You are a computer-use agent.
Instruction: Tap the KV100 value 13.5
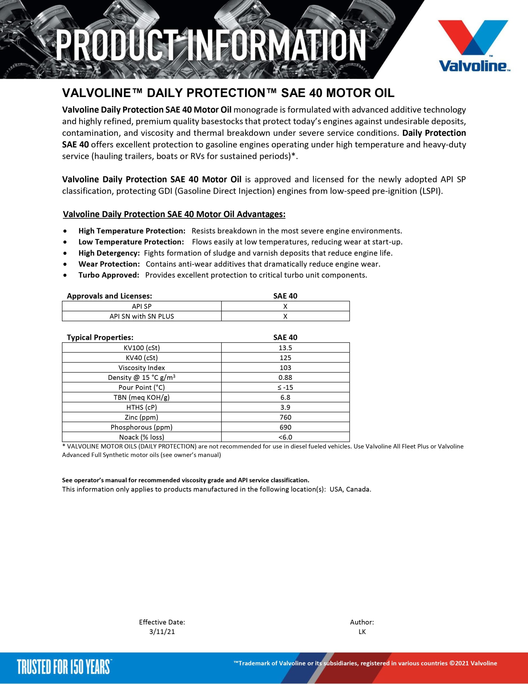coord(285,348)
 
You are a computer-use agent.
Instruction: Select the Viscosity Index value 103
coord(285,368)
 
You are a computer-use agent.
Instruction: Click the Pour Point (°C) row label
coord(141,387)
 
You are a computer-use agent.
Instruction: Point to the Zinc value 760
coord(285,417)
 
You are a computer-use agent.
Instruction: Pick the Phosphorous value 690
coord(285,427)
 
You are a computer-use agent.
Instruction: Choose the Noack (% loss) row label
coord(141,437)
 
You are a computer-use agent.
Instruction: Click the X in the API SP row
coord(285,306)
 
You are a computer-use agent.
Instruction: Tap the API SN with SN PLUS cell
coord(141,316)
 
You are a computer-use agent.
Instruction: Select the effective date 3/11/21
coord(162,632)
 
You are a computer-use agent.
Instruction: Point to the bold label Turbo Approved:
coord(109,275)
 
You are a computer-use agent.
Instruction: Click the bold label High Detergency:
coord(109,253)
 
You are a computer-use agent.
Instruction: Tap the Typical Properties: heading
coord(100,337)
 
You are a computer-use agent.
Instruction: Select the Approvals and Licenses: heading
coord(109,296)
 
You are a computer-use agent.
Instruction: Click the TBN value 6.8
coord(285,397)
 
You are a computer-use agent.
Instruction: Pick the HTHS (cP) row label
coord(141,407)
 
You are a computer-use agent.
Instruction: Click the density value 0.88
coord(285,377)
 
